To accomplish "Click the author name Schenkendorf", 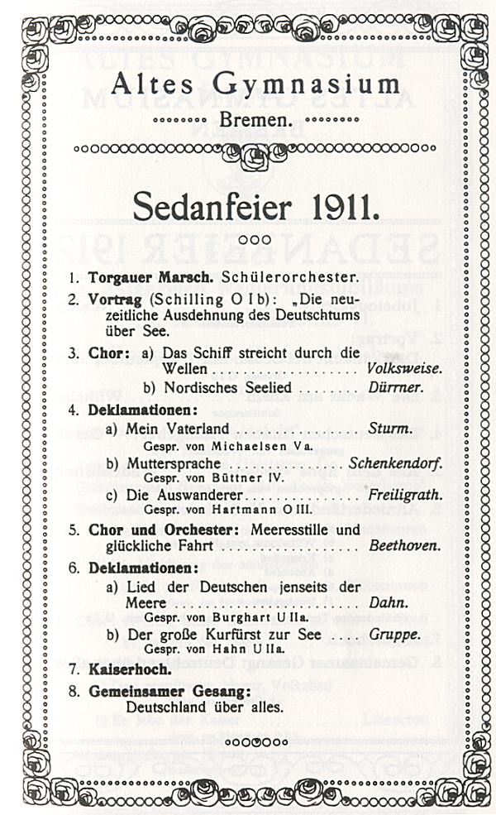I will point(395,463).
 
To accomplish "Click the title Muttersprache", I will point(173,463).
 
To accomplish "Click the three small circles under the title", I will point(248,240).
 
